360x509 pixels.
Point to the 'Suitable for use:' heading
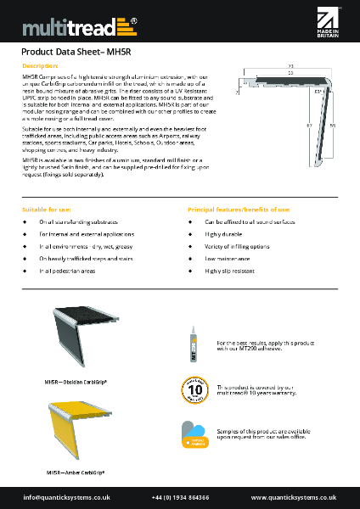coord(47,209)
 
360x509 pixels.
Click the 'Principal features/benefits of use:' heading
coord(239,209)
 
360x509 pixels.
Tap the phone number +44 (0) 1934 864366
coord(180,496)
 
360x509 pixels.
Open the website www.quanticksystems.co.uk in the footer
coord(294,496)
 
